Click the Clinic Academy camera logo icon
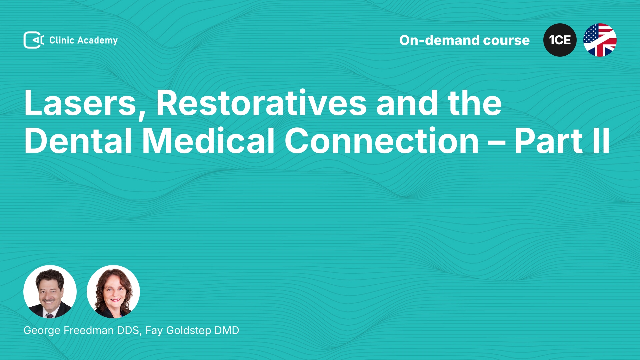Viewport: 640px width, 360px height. coord(33,40)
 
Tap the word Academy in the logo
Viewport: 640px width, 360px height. coord(97,41)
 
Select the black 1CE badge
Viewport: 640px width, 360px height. coord(560,40)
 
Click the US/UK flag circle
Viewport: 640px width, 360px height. coord(600,40)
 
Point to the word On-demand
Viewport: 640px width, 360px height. coord(439,40)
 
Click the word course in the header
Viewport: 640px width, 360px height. coord(506,41)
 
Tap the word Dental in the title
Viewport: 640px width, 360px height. coord(78,141)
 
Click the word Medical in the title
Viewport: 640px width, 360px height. coord(208,141)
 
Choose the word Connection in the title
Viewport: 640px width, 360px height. coord(382,141)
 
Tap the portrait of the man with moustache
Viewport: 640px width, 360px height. coord(50,292)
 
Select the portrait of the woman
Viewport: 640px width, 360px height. coord(113,292)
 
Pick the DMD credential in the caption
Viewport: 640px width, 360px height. coord(227,330)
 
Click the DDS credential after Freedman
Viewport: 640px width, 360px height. coord(129,331)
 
